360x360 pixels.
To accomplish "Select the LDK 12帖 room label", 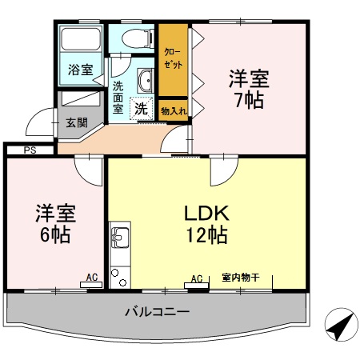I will tap(207, 224).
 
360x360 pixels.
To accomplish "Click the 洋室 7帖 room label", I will tap(249, 90).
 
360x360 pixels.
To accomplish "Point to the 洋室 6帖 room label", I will tap(54, 224).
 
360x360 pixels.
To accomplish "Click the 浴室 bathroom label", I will tap(78, 70).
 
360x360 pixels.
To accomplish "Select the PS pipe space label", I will tap(30, 150).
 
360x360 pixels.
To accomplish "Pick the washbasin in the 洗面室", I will tap(147, 81).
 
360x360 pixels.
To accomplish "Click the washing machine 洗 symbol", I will tap(140, 107).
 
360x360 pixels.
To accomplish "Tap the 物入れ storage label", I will tap(173, 110).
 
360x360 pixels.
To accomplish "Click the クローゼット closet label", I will tap(172, 58).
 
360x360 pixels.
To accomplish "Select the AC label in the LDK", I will tap(196, 278).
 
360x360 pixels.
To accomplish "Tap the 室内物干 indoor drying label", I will tap(241, 278).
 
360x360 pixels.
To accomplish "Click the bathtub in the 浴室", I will tap(80, 41).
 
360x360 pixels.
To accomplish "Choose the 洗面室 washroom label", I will tap(118, 96).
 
